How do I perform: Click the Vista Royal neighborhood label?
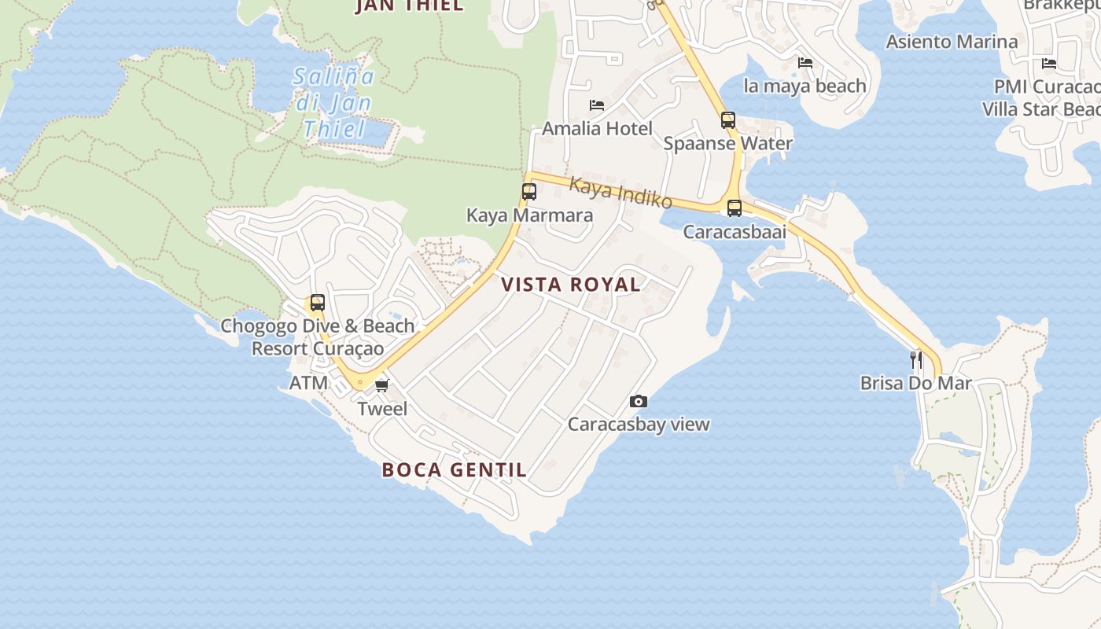pos(571,285)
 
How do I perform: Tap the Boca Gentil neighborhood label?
pos(454,470)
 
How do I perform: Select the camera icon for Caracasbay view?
pos(639,402)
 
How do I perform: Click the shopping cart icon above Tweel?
pos(382,384)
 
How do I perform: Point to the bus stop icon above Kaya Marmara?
pos(529,191)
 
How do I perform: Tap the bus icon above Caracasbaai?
pos(735,208)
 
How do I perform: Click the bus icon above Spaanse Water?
pos(728,120)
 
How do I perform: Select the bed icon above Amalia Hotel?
pos(597,105)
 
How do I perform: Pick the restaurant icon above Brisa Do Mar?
pos(916,360)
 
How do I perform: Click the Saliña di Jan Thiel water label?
pos(333,103)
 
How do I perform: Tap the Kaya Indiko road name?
pos(620,193)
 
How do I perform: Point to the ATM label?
pos(308,383)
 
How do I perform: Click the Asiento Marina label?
pos(952,42)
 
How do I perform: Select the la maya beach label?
pos(805,86)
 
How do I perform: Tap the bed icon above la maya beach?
pos(805,62)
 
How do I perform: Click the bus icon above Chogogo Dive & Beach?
pos(317,303)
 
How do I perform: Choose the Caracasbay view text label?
pos(639,425)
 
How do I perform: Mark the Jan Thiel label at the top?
pos(409,6)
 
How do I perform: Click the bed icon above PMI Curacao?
pos(1048,64)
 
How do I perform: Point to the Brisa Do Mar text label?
pos(916,384)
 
